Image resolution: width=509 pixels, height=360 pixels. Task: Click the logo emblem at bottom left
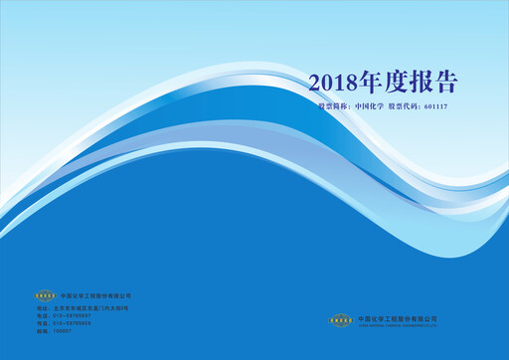(46, 295)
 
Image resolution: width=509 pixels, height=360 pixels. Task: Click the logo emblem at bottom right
(342, 319)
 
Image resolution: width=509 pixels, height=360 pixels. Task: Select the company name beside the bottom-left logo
(95, 295)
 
